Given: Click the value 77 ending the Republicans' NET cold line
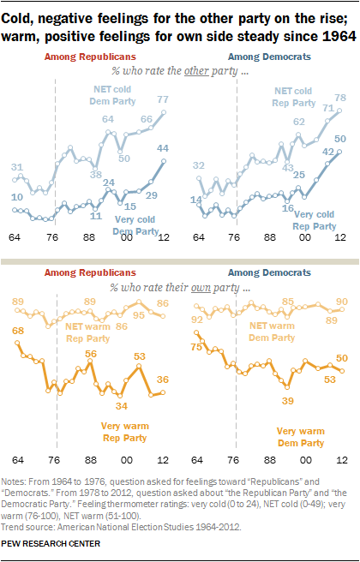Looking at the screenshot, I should [x=162, y=100].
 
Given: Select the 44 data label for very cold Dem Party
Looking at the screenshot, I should [x=162, y=148].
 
